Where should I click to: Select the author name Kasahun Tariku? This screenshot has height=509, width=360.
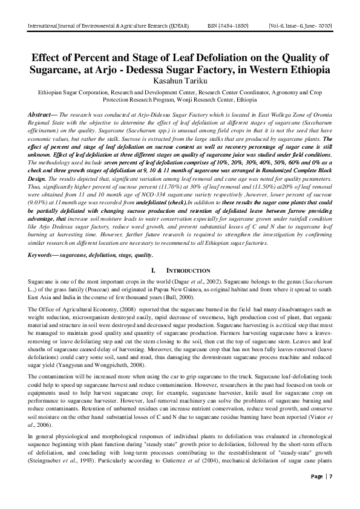pos(180,81)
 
